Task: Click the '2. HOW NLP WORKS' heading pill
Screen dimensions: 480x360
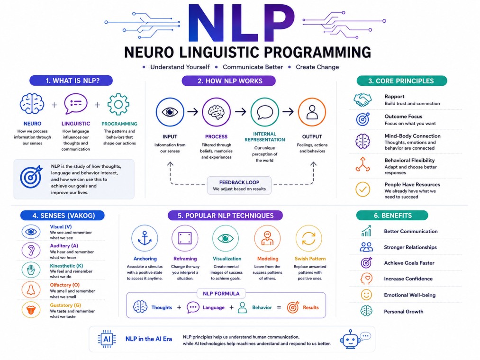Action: tap(229, 81)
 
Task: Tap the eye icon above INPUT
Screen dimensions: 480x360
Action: tap(170, 112)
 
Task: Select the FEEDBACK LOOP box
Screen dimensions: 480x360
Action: tap(239, 185)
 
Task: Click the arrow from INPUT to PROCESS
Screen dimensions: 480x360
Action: tap(192, 112)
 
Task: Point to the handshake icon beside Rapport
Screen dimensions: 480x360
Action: tap(363, 100)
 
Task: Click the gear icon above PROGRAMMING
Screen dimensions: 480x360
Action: tap(118, 104)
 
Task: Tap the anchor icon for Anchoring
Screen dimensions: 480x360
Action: tap(145, 238)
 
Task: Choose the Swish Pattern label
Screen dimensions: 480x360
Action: tap(310, 259)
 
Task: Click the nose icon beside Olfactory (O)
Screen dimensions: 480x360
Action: tap(31, 289)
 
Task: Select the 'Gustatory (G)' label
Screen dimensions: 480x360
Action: tap(65, 305)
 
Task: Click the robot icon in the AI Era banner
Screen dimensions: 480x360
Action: tap(351, 339)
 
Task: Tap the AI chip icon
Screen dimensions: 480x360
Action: tap(107, 339)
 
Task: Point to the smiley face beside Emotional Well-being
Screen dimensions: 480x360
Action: tap(366, 295)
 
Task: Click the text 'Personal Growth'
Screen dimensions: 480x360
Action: tap(404, 312)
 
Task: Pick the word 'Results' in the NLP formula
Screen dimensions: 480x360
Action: tap(311, 307)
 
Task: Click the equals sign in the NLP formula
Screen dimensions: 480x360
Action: tap(279, 307)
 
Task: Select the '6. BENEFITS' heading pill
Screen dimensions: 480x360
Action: tap(392, 216)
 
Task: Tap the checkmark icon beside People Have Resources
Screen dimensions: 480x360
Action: tap(363, 189)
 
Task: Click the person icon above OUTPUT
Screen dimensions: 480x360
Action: tap(312, 112)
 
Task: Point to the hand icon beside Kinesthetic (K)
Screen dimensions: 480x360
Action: tap(31, 270)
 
